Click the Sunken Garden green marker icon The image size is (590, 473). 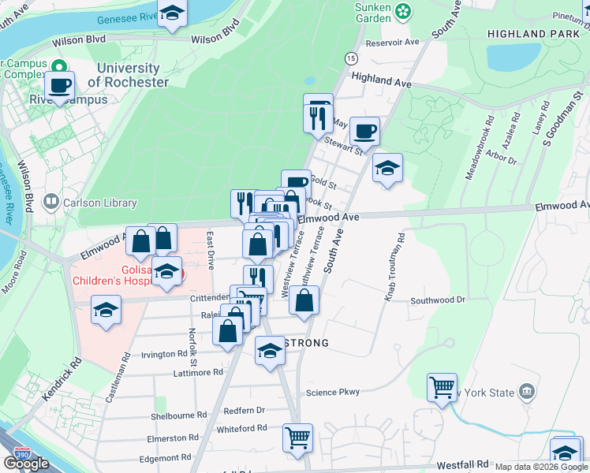(x=404, y=11)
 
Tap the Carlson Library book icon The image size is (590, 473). (x=51, y=203)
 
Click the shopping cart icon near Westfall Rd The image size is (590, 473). (x=297, y=437)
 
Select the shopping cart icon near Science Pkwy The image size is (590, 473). (x=442, y=386)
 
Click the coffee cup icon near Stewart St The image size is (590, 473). (x=364, y=130)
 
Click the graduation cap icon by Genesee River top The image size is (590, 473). (x=172, y=13)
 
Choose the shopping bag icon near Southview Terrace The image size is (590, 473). (x=304, y=300)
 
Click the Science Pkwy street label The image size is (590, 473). (x=332, y=392)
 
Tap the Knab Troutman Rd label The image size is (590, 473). (x=394, y=266)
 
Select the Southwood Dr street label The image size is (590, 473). (x=438, y=300)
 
